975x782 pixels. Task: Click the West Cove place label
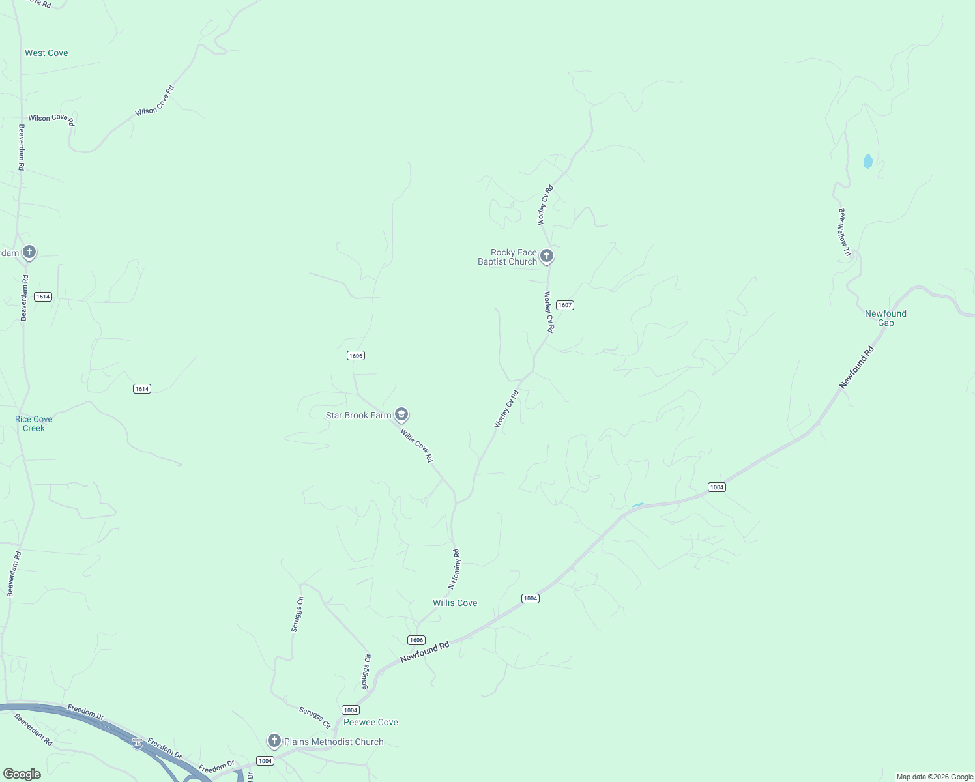[46, 53]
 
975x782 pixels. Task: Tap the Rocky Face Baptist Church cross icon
[547, 256]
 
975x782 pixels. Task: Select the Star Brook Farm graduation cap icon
[401, 414]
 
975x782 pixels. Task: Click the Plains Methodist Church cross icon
[274, 741]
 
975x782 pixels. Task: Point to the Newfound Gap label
[886, 318]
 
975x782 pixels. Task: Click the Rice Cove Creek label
[34, 424]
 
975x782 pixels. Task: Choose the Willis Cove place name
[455, 603]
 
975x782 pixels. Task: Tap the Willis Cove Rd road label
[416, 446]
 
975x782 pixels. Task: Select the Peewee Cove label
[371, 722]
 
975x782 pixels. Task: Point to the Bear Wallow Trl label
[845, 232]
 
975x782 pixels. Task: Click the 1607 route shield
[565, 305]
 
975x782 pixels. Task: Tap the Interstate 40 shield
[137, 744]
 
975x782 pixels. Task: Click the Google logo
[22, 774]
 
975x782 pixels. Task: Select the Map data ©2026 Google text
[935, 777]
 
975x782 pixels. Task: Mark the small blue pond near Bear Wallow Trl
[867, 161]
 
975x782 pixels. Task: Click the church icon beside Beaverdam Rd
[29, 252]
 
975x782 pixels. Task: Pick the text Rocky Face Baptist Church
[508, 257]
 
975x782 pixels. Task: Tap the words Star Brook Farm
[358, 415]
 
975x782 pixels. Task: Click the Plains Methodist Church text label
[334, 742]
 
